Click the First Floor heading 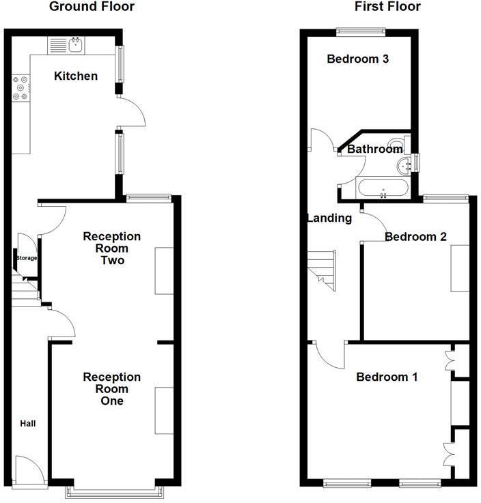[387, 7]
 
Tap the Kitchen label [76, 76]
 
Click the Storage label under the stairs [27, 258]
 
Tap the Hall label [28, 424]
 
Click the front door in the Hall [27, 470]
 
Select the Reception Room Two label [111, 248]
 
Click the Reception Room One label [111, 388]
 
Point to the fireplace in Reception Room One [164, 409]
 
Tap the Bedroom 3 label [357, 59]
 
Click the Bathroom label [374, 149]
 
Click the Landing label [329, 218]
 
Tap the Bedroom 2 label [415, 237]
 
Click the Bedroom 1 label [387, 377]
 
